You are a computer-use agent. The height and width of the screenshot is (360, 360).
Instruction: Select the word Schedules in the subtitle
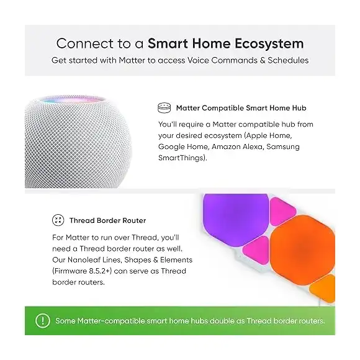[287, 60]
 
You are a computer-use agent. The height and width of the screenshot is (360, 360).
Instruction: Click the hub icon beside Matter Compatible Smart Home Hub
[164, 107]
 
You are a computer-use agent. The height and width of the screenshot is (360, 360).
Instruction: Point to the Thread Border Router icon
[58, 220]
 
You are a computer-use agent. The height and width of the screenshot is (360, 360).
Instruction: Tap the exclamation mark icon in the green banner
[42, 321]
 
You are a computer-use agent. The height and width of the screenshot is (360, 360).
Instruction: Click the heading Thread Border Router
[108, 220]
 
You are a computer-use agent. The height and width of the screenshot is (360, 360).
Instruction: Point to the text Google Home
[183, 146]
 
